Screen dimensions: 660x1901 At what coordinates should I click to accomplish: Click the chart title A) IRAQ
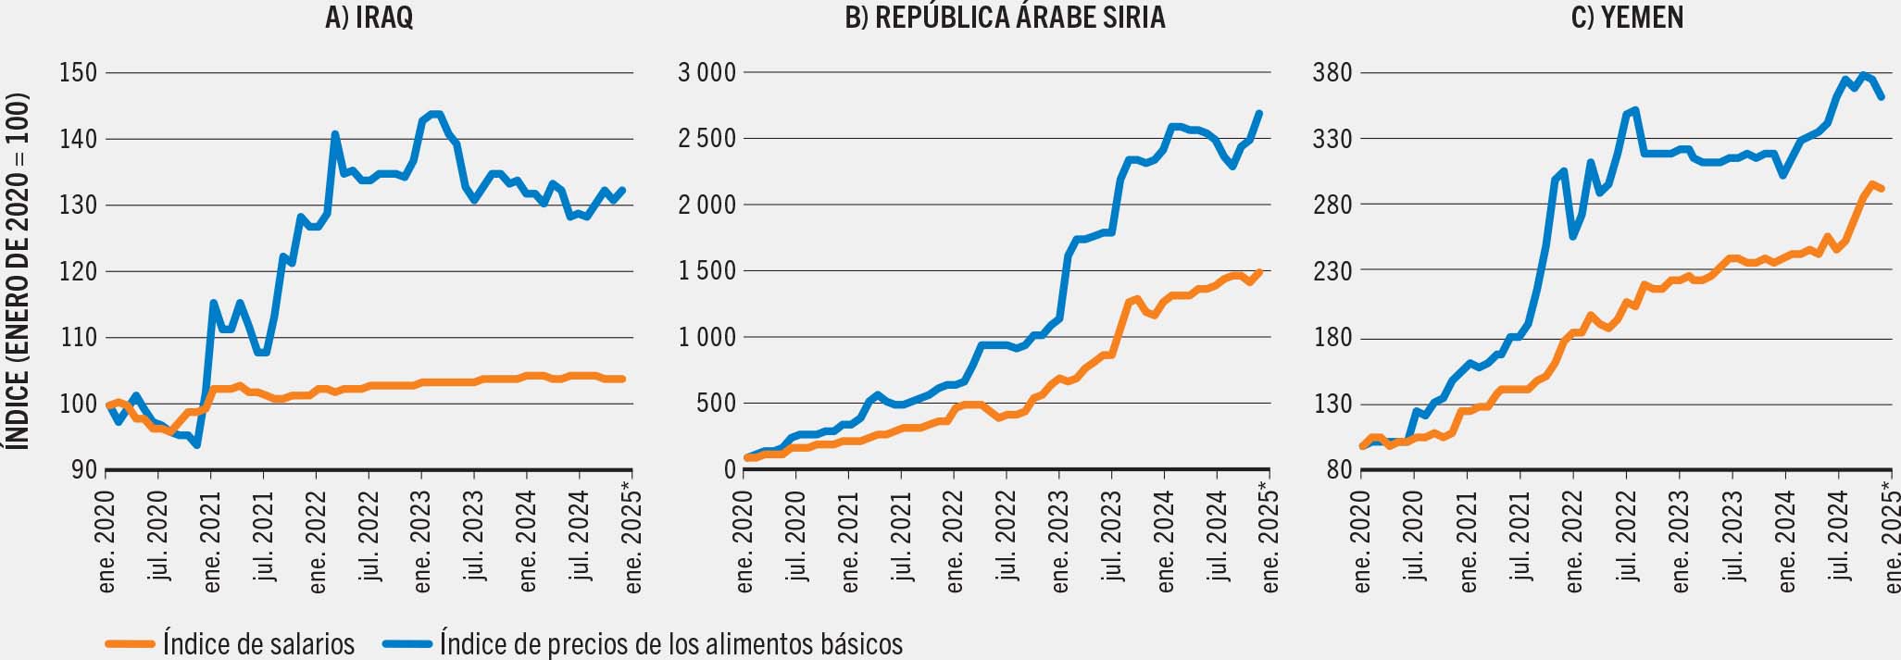coord(369,18)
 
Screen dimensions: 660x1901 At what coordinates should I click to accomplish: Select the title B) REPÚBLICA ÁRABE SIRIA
coord(1005,18)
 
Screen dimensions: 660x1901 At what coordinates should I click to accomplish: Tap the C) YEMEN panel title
coord(1627,18)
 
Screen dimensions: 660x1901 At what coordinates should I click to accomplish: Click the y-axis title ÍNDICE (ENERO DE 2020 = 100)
coord(18,270)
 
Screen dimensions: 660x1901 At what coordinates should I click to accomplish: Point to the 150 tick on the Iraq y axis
coord(78,72)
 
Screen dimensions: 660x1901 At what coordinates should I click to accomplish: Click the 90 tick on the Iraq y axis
coord(84,469)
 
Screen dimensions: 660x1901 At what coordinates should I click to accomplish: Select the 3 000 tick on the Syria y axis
coord(707,72)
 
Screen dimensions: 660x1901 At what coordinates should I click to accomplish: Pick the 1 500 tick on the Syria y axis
coord(707,271)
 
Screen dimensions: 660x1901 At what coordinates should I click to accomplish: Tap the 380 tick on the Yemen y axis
coord(1332,72)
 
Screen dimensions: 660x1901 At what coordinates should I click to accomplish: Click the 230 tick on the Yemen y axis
coord(1332,271)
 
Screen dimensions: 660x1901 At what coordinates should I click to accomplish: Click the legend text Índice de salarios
coord(258,643)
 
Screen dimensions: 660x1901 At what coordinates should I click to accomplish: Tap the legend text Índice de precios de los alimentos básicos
coord(671,643)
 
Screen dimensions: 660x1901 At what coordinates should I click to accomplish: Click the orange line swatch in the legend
coord(130,643)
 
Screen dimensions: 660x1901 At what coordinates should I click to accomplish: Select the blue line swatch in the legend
coord(407,643)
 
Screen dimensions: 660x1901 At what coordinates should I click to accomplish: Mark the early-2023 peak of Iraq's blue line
coord(432,114)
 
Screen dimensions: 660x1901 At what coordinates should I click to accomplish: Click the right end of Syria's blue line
coord(1260,113)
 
